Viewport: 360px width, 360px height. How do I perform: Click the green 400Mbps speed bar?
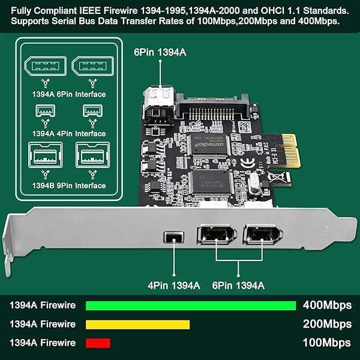click(191, 305)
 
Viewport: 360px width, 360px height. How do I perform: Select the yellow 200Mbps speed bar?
click(138, 325)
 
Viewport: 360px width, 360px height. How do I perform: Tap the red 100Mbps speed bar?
click(98, 343)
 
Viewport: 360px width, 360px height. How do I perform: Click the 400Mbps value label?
click(327, 305)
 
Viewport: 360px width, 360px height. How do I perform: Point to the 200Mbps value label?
click(327, 325)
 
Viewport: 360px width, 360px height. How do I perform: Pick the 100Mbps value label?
click(327, 343)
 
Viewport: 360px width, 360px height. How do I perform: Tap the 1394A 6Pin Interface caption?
click(69, 94)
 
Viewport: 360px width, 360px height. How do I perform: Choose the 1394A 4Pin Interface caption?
click(69, 133)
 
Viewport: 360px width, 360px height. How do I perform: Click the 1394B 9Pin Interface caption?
click(69, 185)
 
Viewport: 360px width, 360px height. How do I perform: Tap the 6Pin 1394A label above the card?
click(160, 52)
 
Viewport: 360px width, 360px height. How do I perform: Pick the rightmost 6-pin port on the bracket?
click(259, 234)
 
